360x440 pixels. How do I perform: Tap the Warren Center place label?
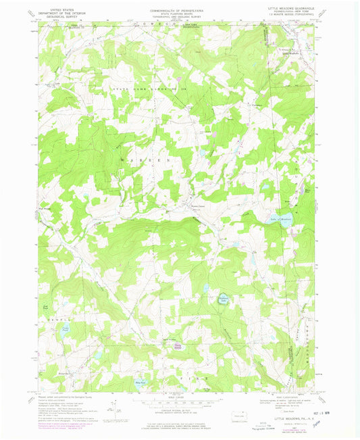point(197,207)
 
